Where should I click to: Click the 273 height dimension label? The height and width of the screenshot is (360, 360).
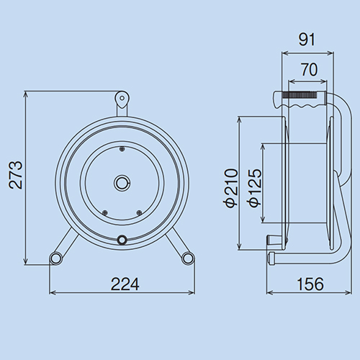click(16, 175)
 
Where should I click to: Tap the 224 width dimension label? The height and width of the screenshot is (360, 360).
click(125, 284)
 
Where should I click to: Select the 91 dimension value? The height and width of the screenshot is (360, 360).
click(307, 40)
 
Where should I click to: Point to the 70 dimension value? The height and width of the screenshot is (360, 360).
click(310, 70)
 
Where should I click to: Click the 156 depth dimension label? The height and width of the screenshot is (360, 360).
click(310, 284)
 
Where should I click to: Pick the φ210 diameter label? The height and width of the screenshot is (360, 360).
click(231, 188)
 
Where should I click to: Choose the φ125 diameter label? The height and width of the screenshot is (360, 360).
click(255, 188)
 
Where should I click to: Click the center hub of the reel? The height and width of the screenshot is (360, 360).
click(122, 183)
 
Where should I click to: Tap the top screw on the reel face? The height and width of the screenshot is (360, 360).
click(122, 149)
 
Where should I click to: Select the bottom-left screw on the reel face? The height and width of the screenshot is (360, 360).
click(104, 212)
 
